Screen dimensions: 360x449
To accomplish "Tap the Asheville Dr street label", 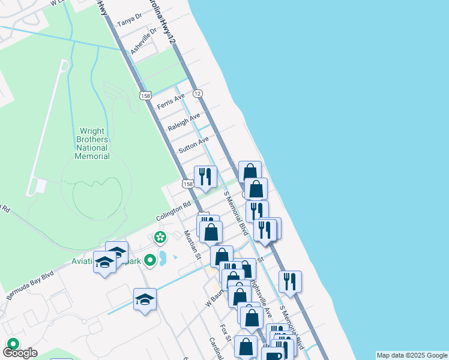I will coord(143,41).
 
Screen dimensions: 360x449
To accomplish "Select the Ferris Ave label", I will coord(170,100).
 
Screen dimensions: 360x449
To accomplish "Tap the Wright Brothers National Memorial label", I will coord(92,143).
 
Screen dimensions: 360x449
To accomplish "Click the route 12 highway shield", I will coord(197,93).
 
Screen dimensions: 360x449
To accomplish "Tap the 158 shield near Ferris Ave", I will coord(145,95).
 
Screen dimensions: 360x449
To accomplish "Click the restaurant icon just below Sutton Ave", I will coord(205,176).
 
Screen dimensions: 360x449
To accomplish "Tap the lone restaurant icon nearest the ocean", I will coord(290,281).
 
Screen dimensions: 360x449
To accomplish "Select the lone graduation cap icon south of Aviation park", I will coord(145,298).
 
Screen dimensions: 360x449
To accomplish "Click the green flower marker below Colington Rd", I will coord(160,238).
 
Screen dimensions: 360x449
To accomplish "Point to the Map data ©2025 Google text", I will coord(412,355).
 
